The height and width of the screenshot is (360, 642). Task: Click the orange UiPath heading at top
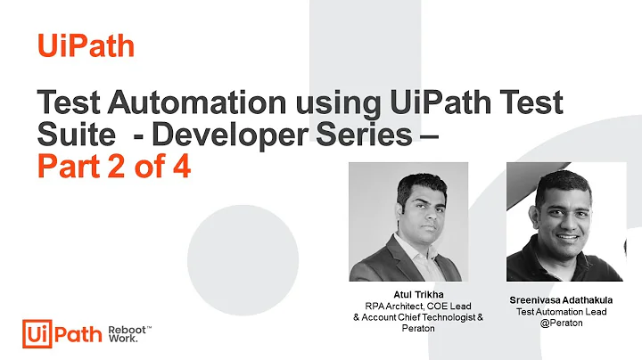pos(86,45)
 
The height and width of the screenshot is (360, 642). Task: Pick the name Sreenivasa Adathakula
pos(561,299)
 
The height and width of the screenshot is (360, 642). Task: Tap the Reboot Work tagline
pos(130,333)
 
